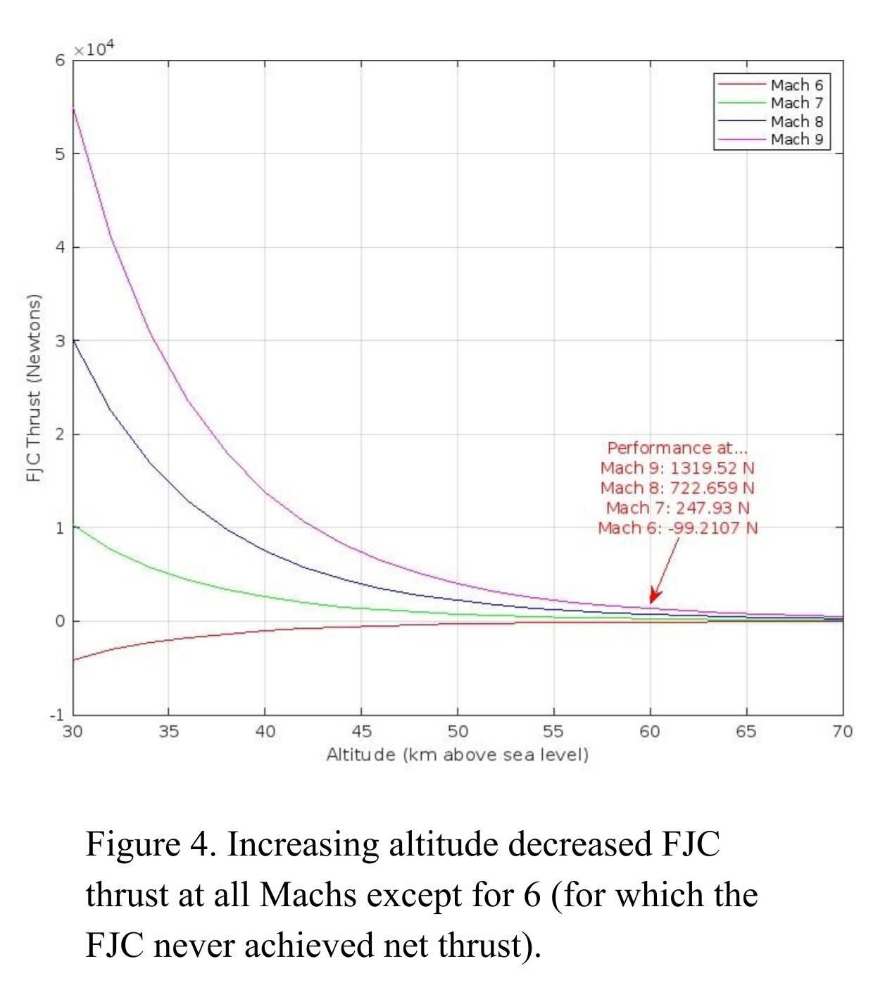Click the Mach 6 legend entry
(x=796, y=85)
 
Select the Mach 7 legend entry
(x=796, y=103)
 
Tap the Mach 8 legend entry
(x=796, y=121)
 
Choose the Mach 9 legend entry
(x=796, y=139)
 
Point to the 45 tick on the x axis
(x=361, y=732)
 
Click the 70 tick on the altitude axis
(x=842, y=732)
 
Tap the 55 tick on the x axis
(x=553, y=732)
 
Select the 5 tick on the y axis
(x=60, y=154)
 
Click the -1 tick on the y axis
(x=57, y=715)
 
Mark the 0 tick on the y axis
(x=60, y=621)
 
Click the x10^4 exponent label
(x=94, y=49)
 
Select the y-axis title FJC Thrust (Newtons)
(x=33, y=388)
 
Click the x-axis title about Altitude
(x=457, y=755)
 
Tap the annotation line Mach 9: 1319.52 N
(x=677, y=468)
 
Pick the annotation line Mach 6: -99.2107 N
(x=677, y=528)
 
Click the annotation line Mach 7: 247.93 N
(x=677, y=508)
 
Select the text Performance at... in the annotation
(x=677, y=448)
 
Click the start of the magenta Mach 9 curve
(x=74, y=108)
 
